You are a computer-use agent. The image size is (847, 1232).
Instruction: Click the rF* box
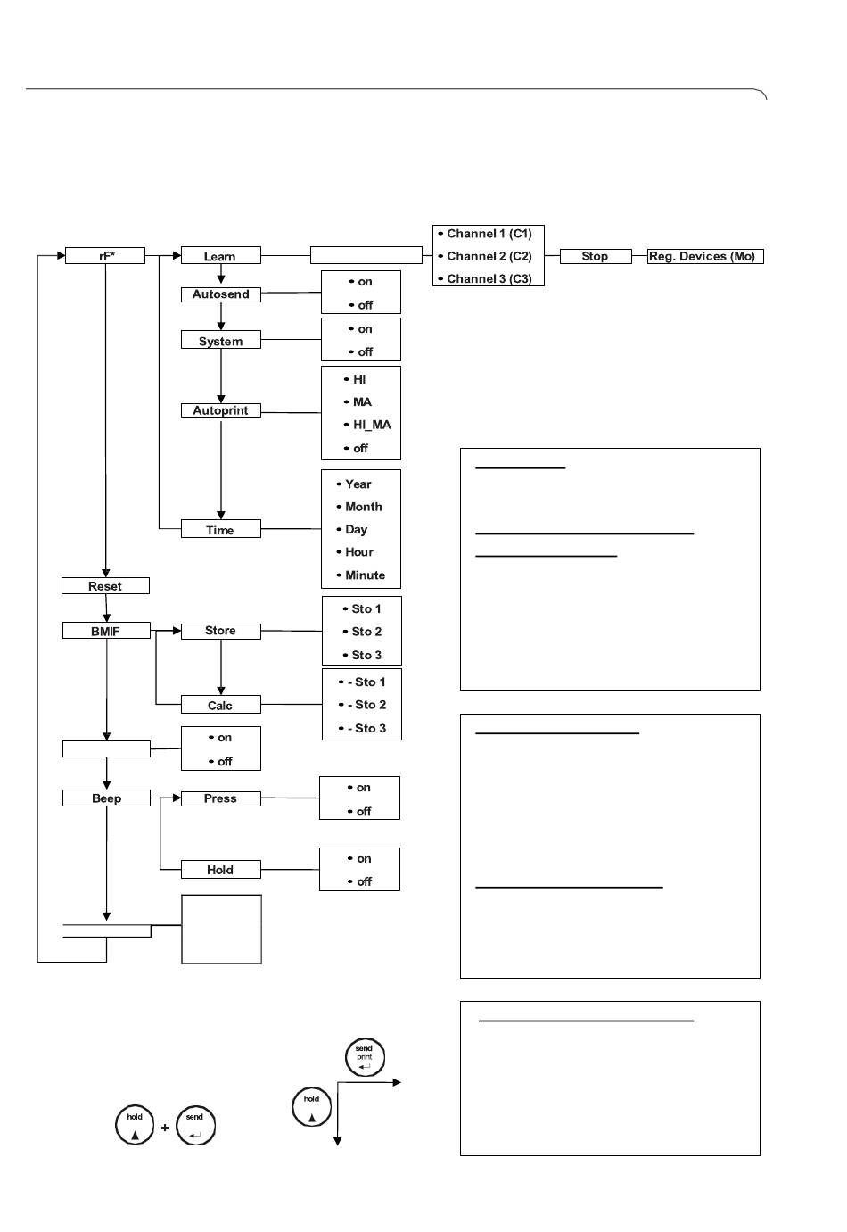[105, 256]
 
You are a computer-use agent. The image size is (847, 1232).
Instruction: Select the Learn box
[221, 256]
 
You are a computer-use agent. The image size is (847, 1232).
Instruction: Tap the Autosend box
[221, 294]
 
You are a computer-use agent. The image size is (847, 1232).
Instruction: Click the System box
[221, 341]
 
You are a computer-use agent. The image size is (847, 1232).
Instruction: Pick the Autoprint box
[221, 410]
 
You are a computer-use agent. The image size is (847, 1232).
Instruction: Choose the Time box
[221, 528]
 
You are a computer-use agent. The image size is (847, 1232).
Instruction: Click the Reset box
[105, 586]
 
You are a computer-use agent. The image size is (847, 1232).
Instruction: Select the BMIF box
[106, 631]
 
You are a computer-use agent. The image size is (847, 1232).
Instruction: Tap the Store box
[221, 632]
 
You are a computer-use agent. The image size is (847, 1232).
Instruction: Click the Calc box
[221, 705]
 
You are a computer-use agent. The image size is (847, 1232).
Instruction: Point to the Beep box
[106, 798]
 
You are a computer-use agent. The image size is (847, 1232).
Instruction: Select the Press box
[221, 798]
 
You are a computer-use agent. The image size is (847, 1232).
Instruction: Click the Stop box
[596, 256]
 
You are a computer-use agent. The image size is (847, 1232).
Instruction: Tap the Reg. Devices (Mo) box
[705, 256]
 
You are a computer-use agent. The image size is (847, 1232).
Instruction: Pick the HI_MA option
[367, 425]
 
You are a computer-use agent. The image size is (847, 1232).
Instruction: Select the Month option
[359, 507]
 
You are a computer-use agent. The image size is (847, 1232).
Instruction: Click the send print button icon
[365, 1057]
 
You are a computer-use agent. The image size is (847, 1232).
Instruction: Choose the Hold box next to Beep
[221, 870]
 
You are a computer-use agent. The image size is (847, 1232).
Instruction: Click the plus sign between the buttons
[165, 1128]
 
